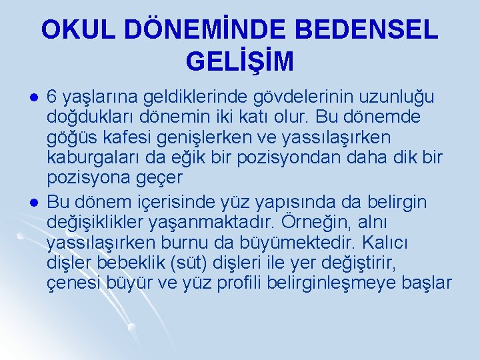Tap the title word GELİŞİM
click(x=240, y=62)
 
